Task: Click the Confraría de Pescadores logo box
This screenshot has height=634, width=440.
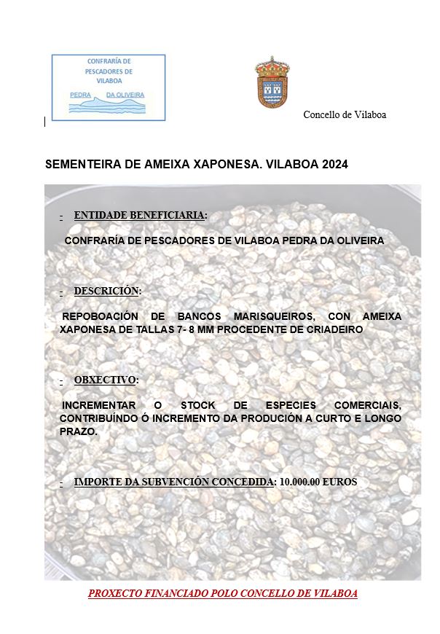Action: point(109,87)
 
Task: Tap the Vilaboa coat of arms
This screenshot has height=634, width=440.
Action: point(272,82)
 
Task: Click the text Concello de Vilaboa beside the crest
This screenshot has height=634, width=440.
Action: point(345,114)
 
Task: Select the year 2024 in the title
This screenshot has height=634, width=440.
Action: point(334,165)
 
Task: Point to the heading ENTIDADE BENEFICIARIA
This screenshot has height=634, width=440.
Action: point(140,215)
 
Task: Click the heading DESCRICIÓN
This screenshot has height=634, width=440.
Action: point(106,291)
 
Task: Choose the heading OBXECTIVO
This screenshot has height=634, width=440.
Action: point(105,380)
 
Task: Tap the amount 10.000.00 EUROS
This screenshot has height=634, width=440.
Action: point(318,482)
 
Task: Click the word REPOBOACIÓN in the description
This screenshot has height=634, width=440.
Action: point(99,317)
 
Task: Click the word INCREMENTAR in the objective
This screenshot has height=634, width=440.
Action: point(98,405)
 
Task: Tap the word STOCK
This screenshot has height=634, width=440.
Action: point(198,405)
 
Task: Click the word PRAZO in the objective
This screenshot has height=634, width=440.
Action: point(78,431)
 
